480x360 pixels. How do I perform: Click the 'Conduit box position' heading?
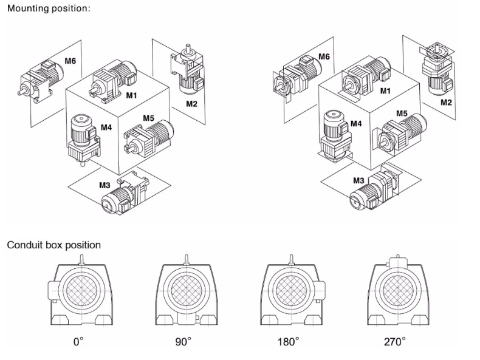coord(54,245)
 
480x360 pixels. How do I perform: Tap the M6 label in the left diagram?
coord(70,61)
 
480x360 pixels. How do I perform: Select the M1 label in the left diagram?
coord(132,95)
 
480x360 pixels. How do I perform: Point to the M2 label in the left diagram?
coord(192,104)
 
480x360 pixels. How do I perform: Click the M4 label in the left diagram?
coord(106,128)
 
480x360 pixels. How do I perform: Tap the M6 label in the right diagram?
coord(324,56)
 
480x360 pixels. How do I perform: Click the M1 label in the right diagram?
coord(385,91)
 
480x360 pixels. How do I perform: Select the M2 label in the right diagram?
coord(446,101)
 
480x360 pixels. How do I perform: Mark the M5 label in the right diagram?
coord(402,114)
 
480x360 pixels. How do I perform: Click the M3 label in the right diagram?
coord(359,180)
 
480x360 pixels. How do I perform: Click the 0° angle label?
coord(78,342)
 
